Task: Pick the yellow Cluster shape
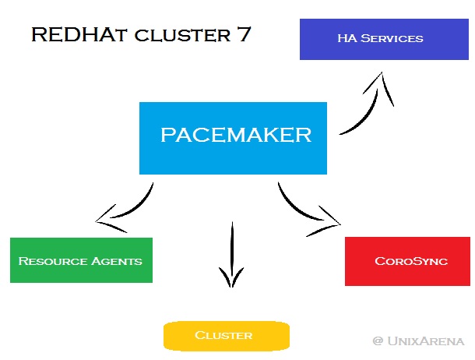tap(226, 335)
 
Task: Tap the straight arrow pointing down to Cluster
tap(231, 253)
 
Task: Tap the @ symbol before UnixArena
tap(378, 341)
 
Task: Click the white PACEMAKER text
tap(235, 135)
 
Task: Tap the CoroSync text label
tap(410, 261)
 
